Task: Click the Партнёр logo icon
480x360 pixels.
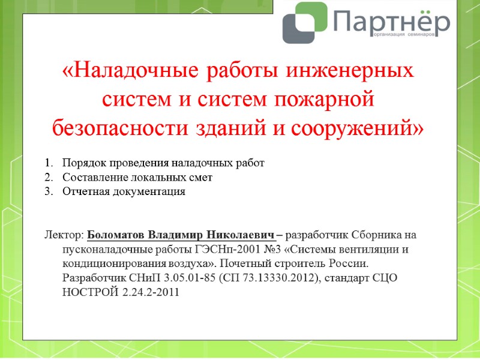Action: pyautogui.click(x=305, y=23)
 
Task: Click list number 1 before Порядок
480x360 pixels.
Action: pyautogui.click(x=48, y=163)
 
